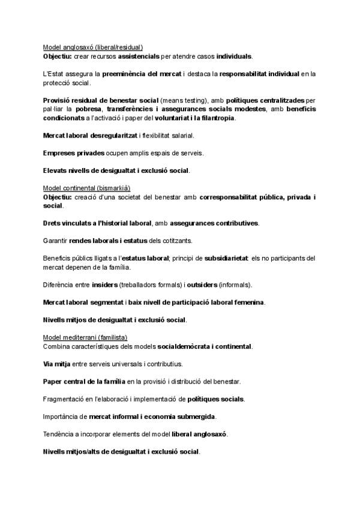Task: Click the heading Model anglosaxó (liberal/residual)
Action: click(x=93, y=47)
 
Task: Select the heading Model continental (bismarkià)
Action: click(x=86, y=188)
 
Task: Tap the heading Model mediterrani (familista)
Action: click(x=85, y=337)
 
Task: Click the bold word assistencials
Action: click(x=139, y=56)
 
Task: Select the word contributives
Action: click(x=236, y=223)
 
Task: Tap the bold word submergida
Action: click(x=193, y=417)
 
